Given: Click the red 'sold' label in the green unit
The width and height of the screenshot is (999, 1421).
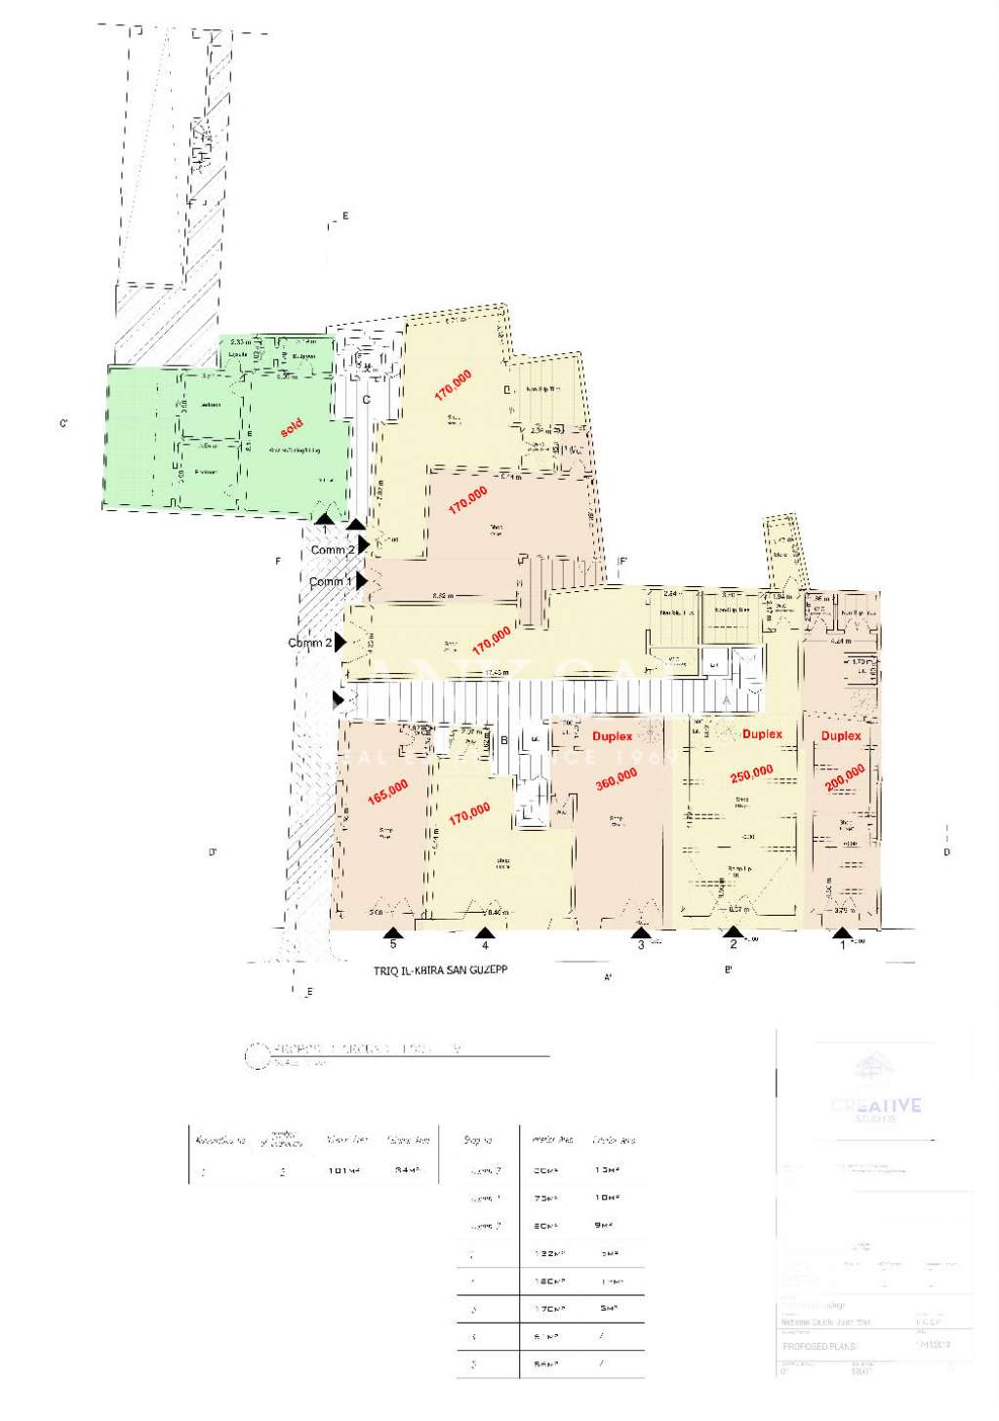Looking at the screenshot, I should (x=292, y=427).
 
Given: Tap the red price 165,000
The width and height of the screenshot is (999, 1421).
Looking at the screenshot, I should (x=388, y=791).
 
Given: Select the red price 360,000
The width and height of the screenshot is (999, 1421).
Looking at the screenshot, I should (x=617, y=778).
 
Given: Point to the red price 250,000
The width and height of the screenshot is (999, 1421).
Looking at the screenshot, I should (x=752, y=773).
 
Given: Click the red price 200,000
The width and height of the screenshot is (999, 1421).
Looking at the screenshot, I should (x=845, y=778).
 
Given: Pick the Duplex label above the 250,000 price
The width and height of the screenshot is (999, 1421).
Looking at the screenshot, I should (x=762, y=734).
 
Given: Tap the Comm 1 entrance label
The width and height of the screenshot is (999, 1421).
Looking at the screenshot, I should (x=330, y=582).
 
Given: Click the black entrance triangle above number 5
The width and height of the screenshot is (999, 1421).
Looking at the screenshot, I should (x=392, y=932).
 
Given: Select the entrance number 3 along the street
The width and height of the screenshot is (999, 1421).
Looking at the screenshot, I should (x=641, y=945).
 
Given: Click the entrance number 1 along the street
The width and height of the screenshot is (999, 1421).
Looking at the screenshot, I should (x=843, y=945).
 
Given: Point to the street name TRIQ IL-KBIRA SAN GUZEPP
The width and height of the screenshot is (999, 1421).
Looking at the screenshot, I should (x=440, y=970).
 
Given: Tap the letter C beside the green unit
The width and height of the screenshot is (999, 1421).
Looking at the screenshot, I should (x=367, y=400).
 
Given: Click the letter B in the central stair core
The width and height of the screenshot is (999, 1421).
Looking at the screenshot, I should (x=504, y=741).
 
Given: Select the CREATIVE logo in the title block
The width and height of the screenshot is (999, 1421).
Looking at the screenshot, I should (x=875, y=1106).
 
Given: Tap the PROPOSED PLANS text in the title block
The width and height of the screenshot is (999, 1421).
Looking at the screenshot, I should (x=819, y=1346).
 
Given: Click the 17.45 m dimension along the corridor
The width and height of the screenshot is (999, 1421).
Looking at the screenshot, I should (x=497, y=673).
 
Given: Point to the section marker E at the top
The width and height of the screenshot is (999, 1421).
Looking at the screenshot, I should (x=344, y=217).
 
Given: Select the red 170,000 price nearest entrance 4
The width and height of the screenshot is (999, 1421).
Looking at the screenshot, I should (x=469, y=812).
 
